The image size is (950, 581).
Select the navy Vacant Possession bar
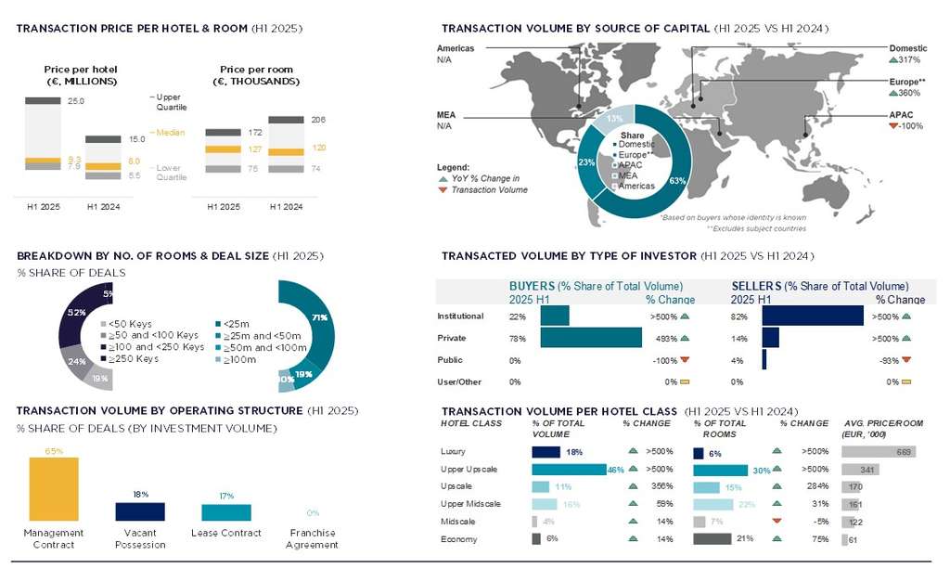(139, 511)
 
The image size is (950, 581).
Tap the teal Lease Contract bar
(225, 512)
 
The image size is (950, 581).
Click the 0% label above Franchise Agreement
(313, 512)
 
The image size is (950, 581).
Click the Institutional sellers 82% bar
(813, 316)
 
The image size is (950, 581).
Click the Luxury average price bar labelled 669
(879, 452)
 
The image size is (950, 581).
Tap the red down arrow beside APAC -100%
(893, 125)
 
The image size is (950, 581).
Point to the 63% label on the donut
(675, 180)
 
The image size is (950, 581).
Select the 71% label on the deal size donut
(322, 316)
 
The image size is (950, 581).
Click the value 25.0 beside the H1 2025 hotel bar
(76, 100)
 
